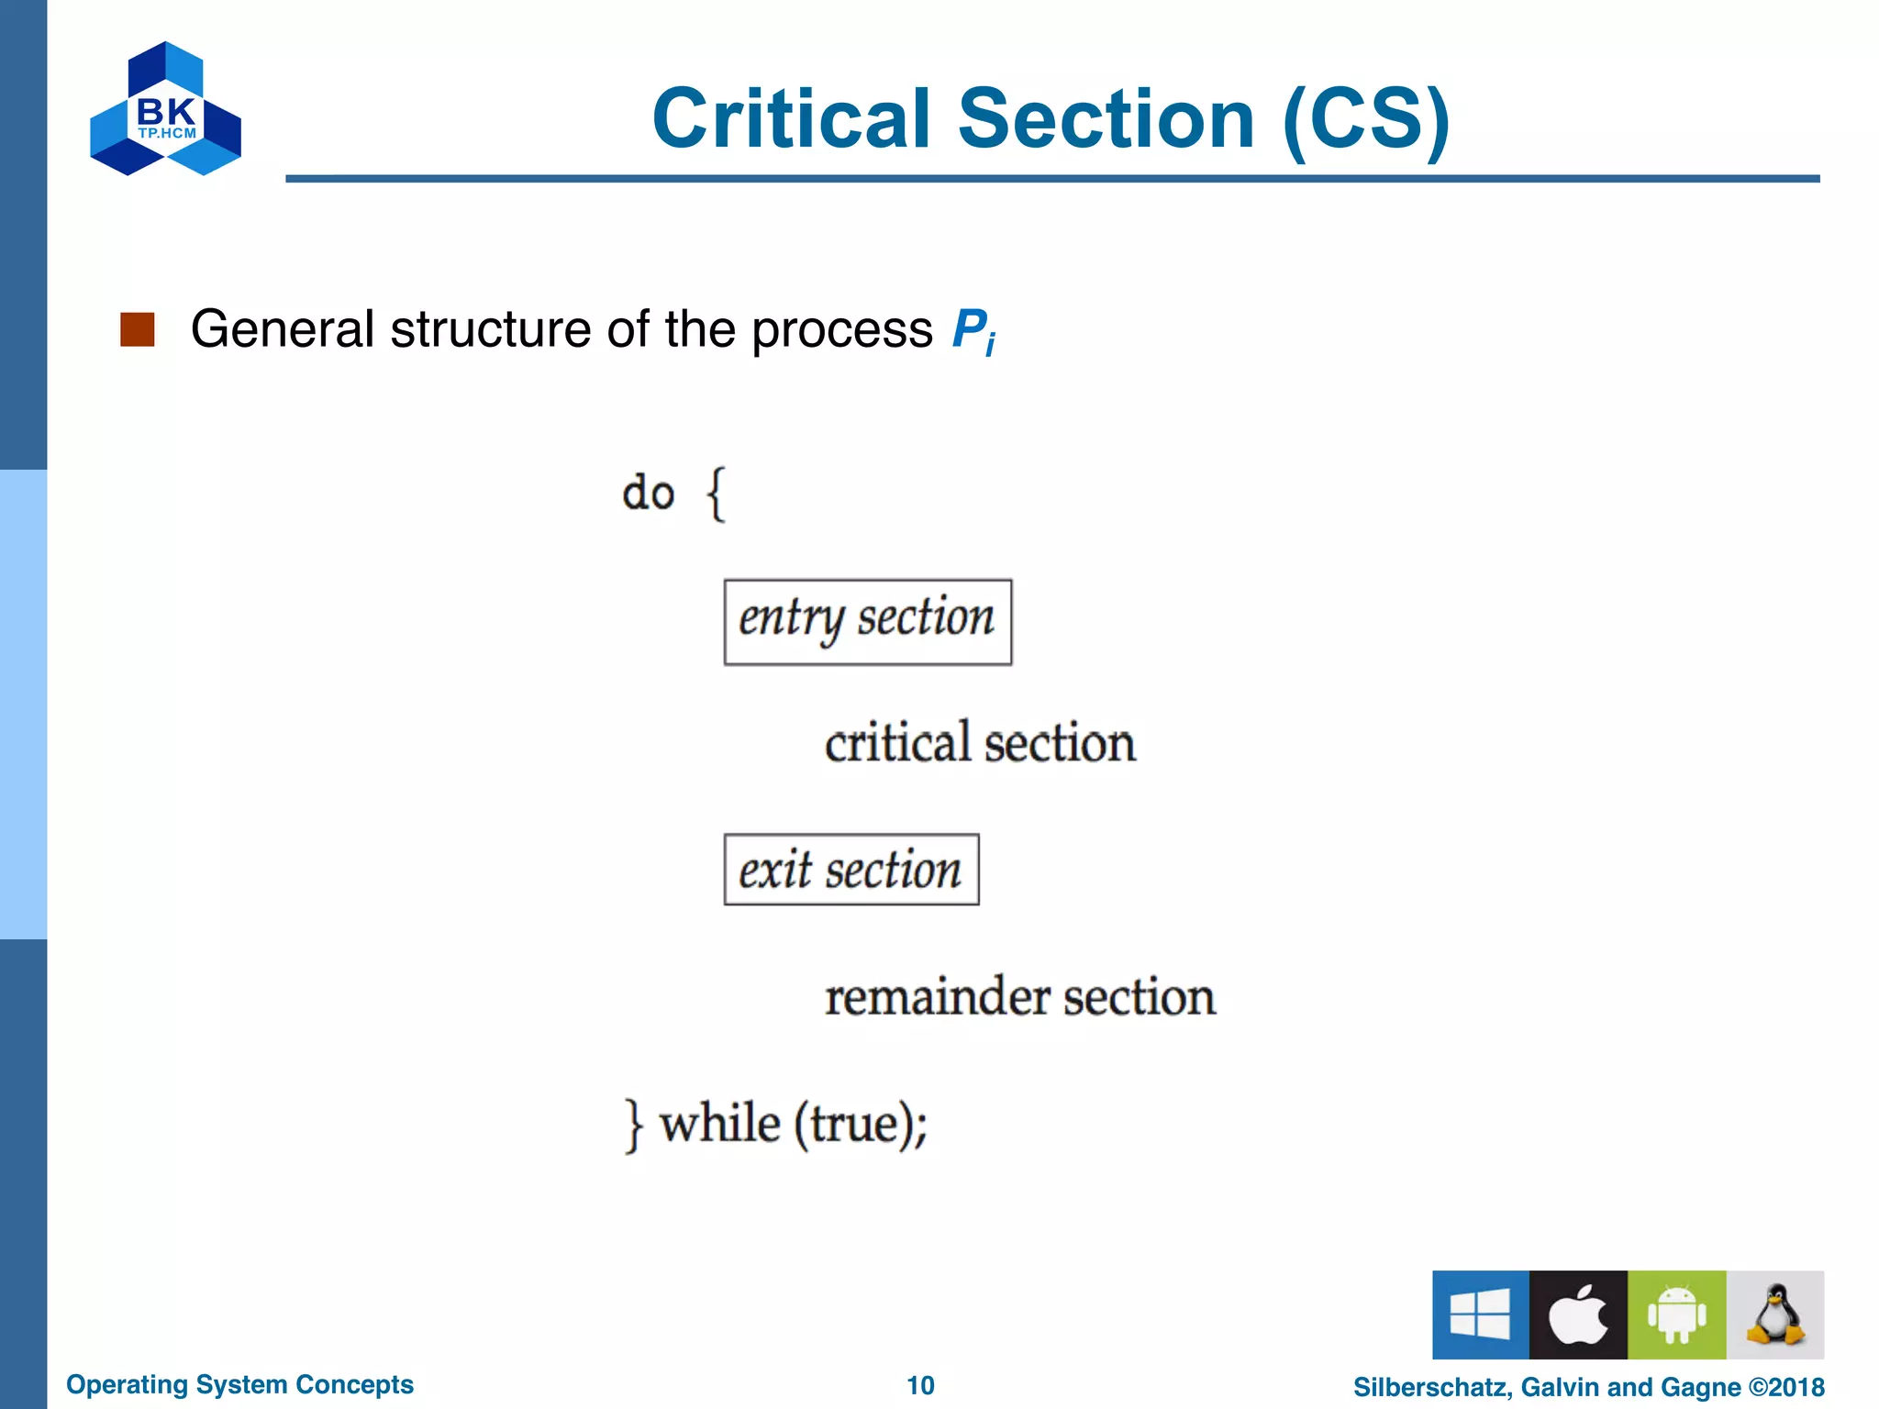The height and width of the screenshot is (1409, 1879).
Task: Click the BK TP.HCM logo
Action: pyautogui.click(x=165, y=109)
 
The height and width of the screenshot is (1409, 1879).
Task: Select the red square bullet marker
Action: pyautogui.click(x=138, y=329)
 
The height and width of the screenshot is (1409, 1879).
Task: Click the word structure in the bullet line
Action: pyautogui.click(x=490, y=329)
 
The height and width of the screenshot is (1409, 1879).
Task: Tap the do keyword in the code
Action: pyautogui.click(x=648, y=494)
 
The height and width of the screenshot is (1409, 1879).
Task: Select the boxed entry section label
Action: pyautogui.click(x=867, y=622)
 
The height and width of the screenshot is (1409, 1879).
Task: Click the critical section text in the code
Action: pyautogui.click(x=980, y=743)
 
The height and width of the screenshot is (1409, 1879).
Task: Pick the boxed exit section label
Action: pyautogui.click(x=851, y=870)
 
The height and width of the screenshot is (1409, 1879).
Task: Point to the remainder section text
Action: pyautogui.click(x=1020, y=997)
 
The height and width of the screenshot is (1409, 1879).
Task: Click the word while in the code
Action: pyautogui.click(x=720, y=1123)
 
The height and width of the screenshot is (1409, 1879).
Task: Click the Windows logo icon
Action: pyautogui.click(x=1480, y=1315)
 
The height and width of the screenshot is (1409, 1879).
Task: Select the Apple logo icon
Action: pyautogui.click(x=1578, y=1315)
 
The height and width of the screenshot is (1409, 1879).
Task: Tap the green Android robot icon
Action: pyautogui.click(x=1676, y=1315)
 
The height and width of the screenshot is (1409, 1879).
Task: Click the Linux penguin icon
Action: pyautogui.click(x=1775, y=1315)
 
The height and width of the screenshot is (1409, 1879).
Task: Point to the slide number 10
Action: pyautogui.click(x=920, y=1385)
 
